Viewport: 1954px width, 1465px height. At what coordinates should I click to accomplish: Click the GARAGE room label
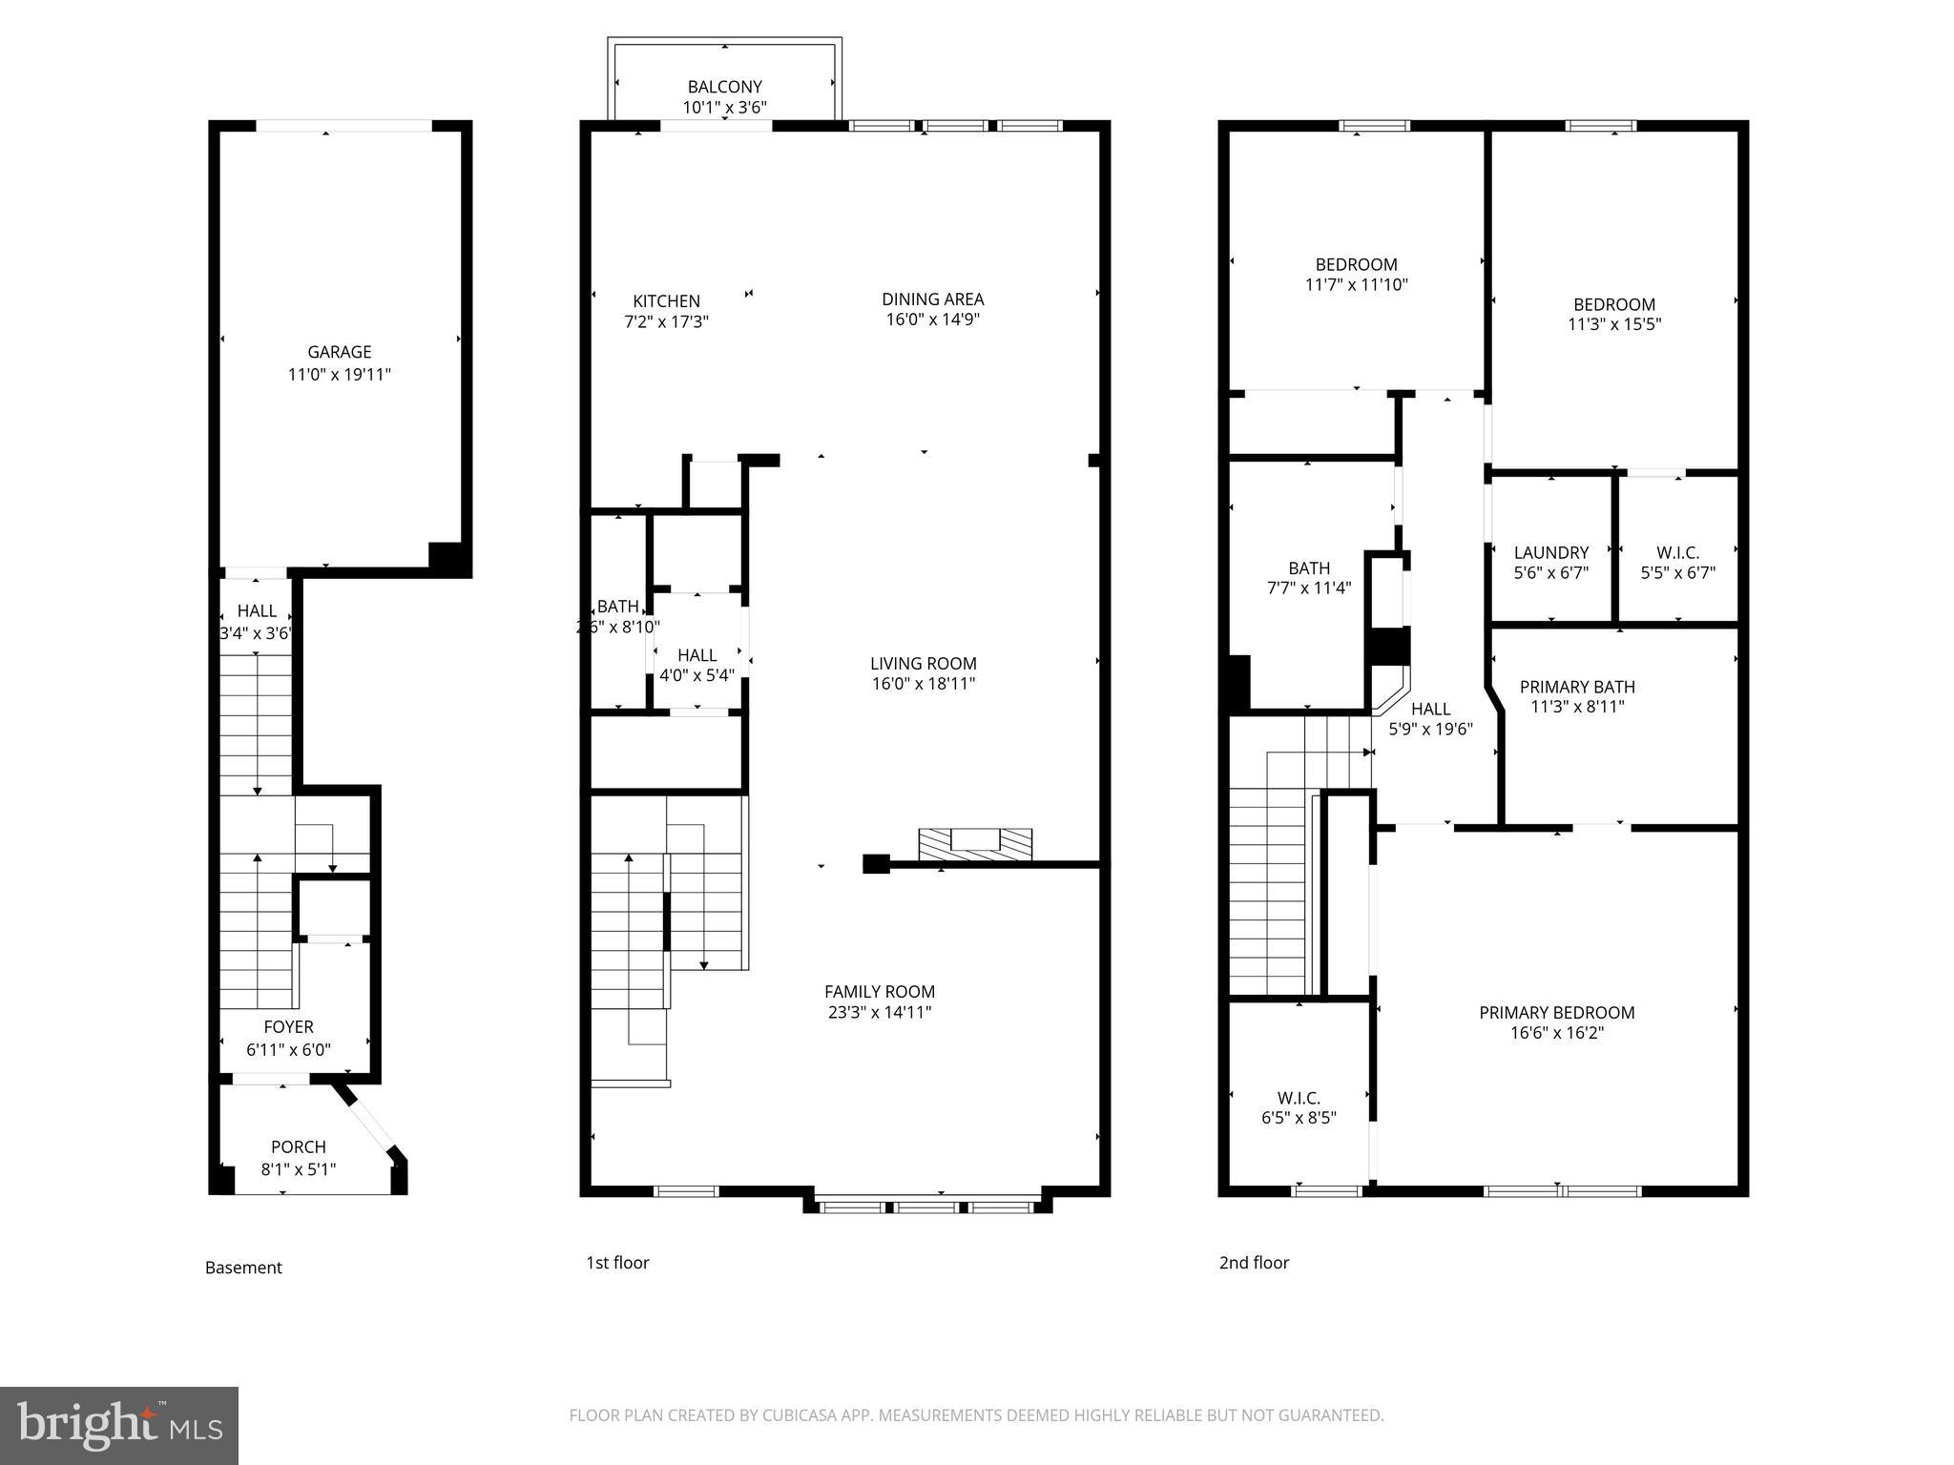(339, 352)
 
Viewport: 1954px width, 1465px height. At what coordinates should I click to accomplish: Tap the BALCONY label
(724, 87)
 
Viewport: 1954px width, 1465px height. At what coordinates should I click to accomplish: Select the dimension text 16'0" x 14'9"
(932, 320)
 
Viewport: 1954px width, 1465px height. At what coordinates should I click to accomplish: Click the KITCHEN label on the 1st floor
(666, 301)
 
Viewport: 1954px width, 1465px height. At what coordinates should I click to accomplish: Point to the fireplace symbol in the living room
(975, 841)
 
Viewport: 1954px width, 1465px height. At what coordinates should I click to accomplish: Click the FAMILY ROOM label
(879, 992)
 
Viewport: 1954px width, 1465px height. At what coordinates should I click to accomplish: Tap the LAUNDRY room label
(1550, 552)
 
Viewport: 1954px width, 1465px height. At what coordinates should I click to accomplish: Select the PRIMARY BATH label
(1576, 687)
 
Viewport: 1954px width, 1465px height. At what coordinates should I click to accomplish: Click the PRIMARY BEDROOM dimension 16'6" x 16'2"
(1556, 1033)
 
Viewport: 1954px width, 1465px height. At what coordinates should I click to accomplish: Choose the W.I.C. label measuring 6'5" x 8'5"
(1298, 1098)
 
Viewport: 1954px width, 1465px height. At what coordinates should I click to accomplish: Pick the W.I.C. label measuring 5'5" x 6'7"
(1677, 552)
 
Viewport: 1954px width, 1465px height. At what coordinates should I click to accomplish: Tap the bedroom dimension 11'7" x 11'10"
(1356, 284)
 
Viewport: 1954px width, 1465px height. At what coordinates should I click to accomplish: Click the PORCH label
(298, 1147)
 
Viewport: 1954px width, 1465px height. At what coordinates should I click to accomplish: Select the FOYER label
(288, 1027)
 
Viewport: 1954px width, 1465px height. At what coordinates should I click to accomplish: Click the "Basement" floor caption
(243, 1268)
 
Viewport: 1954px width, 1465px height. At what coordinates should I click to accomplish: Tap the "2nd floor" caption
(1254, 1263)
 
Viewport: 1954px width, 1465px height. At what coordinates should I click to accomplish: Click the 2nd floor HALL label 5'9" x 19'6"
(1429, 709)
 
